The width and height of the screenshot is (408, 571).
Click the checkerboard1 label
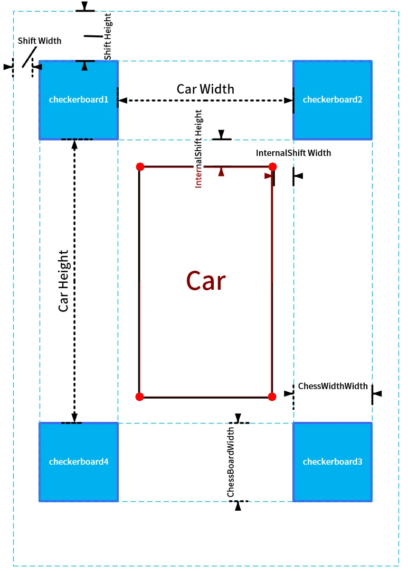pyautogui.click(x=79, y=99)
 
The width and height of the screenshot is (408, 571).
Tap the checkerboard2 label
pyautogui.click(x=333, y=99)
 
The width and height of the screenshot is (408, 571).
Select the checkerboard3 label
pyautogui.click(x=333, y=462)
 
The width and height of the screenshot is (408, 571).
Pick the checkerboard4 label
pyautogui.click(x=79, y=462)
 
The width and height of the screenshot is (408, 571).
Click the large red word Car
pyautogui.click(x=206, y=281)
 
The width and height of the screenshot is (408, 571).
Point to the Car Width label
pyautogui.click(x=205, y=89)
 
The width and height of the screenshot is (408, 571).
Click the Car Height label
pyautogui.click(x=63, y=281)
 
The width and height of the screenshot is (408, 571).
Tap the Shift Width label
pyautogui.click(x=40, y=41)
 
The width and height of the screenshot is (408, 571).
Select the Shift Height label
pyautogui.click(x=108, y=36)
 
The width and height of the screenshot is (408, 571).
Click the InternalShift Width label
pyautogui.click(x=293, y=153)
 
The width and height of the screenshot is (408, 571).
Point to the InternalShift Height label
pyautogui.click(x=198, y=149)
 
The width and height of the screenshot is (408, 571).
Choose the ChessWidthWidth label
pyautogui.click(x=333, y=386)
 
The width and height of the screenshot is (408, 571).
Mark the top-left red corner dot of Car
pyautogui.click(x=140, y=167)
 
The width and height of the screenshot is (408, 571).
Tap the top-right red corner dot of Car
pyautogui.click(x=273, y=167)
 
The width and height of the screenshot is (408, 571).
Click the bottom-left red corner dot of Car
pyautogui.click(x=139, y=397)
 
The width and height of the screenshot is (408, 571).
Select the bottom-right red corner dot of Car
pyautogui.click(x=272, y=397)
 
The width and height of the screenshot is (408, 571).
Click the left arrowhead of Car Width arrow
pyautogui.click(x=122, y=100)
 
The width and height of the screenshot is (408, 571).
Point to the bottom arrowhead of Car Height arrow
pyautogui.click(x=74, y=418)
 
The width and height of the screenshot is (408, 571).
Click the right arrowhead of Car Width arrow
pyautogui.click(x=289, y=100)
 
